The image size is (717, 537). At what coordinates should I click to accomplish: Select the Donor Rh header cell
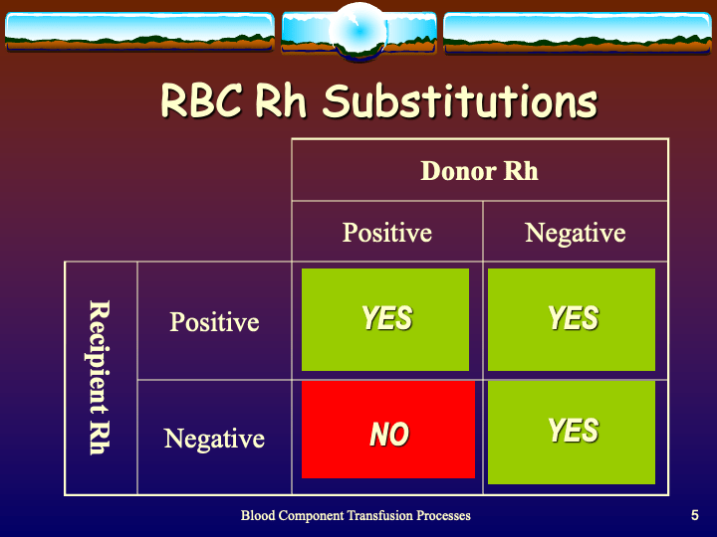tap(479, 171)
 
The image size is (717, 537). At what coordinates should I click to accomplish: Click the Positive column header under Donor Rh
tap(386, 233)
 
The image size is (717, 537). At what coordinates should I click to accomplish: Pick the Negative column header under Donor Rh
tap(575, 233)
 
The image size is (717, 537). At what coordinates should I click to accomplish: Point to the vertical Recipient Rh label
tap(99, 377)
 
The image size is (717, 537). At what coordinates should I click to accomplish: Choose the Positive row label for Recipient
tap(214, 322)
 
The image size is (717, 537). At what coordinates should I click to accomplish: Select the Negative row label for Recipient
tap(214, 439)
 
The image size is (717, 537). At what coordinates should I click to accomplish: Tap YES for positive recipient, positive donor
tap(385, 318)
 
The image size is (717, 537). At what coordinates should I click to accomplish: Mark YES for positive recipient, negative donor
tap(572, 318)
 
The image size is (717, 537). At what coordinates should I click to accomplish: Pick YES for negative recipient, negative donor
tap(572, 432)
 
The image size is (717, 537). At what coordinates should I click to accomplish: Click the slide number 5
tap(694, 515)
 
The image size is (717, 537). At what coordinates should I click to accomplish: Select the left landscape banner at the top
tap(139, 32)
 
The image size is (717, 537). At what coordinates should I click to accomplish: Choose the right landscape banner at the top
tap(578, 32)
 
